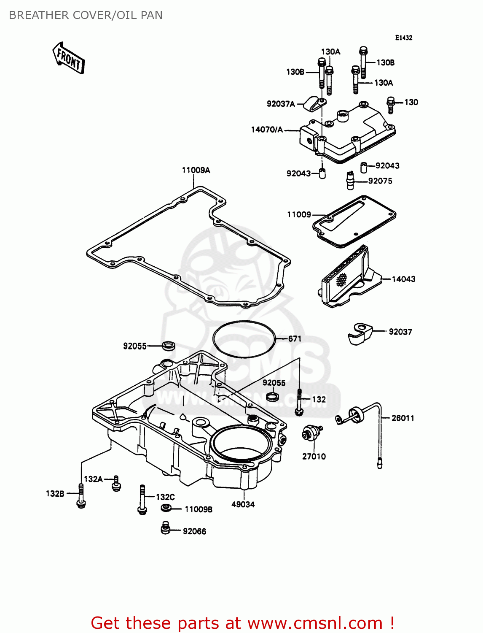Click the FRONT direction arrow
tap(69, 58)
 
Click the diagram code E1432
tap(403, 38)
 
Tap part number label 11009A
tap(196, 170)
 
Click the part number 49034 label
tap(243, 504)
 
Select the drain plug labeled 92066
tap(166, 528)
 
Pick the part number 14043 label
tap(403, 279)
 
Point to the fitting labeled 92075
tap(349, 181)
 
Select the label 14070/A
tap(267, 130)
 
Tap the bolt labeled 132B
tap(81, 496)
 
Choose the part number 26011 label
tap(402, 418)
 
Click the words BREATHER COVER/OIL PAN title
tap(86, 15)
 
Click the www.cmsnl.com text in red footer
tap(314, 623)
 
